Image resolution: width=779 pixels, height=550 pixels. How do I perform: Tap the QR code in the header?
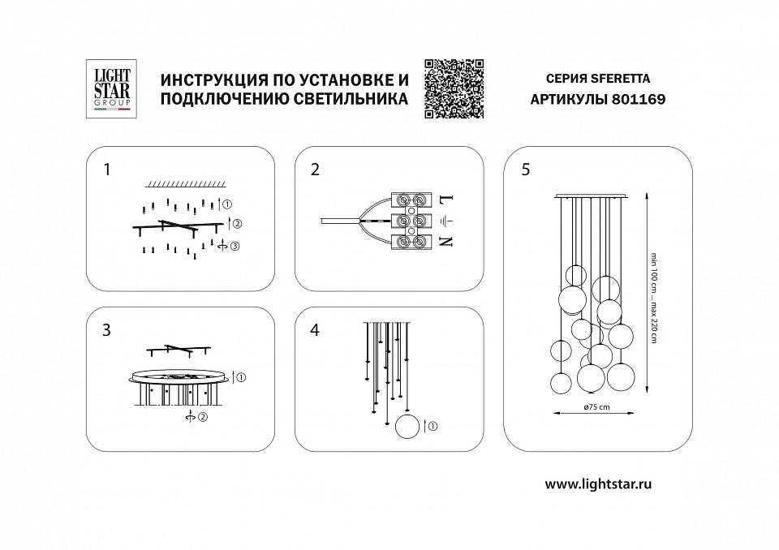[454, 89]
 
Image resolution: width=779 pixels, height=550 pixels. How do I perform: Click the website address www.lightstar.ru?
[599, 483]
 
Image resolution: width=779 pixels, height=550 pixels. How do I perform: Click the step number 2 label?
[315, 170]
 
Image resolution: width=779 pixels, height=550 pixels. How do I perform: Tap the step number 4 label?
[315, 330]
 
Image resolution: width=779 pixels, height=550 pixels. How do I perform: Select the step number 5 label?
[527, 170]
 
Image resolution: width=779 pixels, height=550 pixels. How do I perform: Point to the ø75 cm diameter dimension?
[596, 407]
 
